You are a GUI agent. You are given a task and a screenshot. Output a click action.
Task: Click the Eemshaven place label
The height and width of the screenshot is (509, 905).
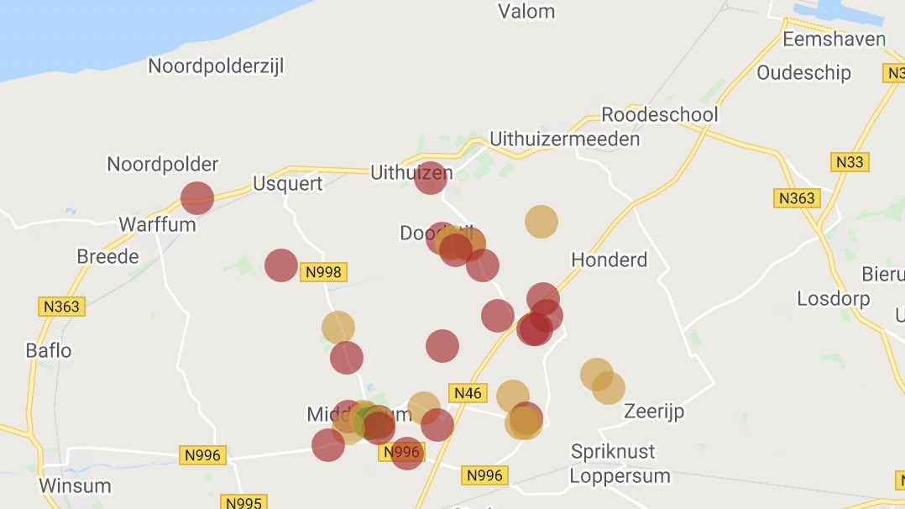(x=834, y=39)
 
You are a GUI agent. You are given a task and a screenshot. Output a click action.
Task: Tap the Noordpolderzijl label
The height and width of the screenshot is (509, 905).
(x=224, y=66)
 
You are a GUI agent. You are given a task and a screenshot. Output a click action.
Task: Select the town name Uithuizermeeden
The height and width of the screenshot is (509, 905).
(x=564, y=139)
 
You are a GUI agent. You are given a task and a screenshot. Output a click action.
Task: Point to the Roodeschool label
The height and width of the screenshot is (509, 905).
(x=660, y=115)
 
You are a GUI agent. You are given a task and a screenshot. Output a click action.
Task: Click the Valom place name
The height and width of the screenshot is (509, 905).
(x=526, y=12)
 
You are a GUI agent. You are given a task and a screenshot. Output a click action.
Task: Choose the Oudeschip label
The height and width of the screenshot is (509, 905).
(x=803, y=73)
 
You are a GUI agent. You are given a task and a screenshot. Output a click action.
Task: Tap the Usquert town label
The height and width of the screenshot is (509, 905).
(x=288, y=184)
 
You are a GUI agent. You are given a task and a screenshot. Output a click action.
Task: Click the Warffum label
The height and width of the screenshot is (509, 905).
(x=157, y=224)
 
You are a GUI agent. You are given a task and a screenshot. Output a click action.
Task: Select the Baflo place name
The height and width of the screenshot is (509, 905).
(x=49, y=350)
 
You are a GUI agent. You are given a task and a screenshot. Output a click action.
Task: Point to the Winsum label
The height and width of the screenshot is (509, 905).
(x=75, y=485)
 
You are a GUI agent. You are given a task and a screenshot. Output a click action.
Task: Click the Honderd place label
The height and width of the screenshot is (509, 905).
(x=609, y=260)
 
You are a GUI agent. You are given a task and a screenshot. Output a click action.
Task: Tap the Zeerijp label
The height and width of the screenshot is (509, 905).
(x=654, y=412)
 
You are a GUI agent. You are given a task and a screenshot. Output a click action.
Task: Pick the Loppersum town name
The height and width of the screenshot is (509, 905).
(x=620, y=476)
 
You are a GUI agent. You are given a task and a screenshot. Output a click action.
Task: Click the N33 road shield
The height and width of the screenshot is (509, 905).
(x=850, y=162)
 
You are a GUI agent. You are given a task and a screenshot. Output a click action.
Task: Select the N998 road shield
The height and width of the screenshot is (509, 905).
(x=325, y=272)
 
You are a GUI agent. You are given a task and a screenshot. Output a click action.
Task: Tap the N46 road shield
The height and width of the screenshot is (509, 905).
(x=467, y=392)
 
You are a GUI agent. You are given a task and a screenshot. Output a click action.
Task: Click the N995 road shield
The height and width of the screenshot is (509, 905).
(x=243, y=502)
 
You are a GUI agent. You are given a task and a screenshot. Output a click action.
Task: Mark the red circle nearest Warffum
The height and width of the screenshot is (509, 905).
(x=197, y=198)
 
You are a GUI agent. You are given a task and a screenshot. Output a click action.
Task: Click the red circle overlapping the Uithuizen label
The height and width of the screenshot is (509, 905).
(x=430, y=178)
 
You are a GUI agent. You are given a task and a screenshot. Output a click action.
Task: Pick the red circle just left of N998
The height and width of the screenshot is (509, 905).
(x=281, y=265)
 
